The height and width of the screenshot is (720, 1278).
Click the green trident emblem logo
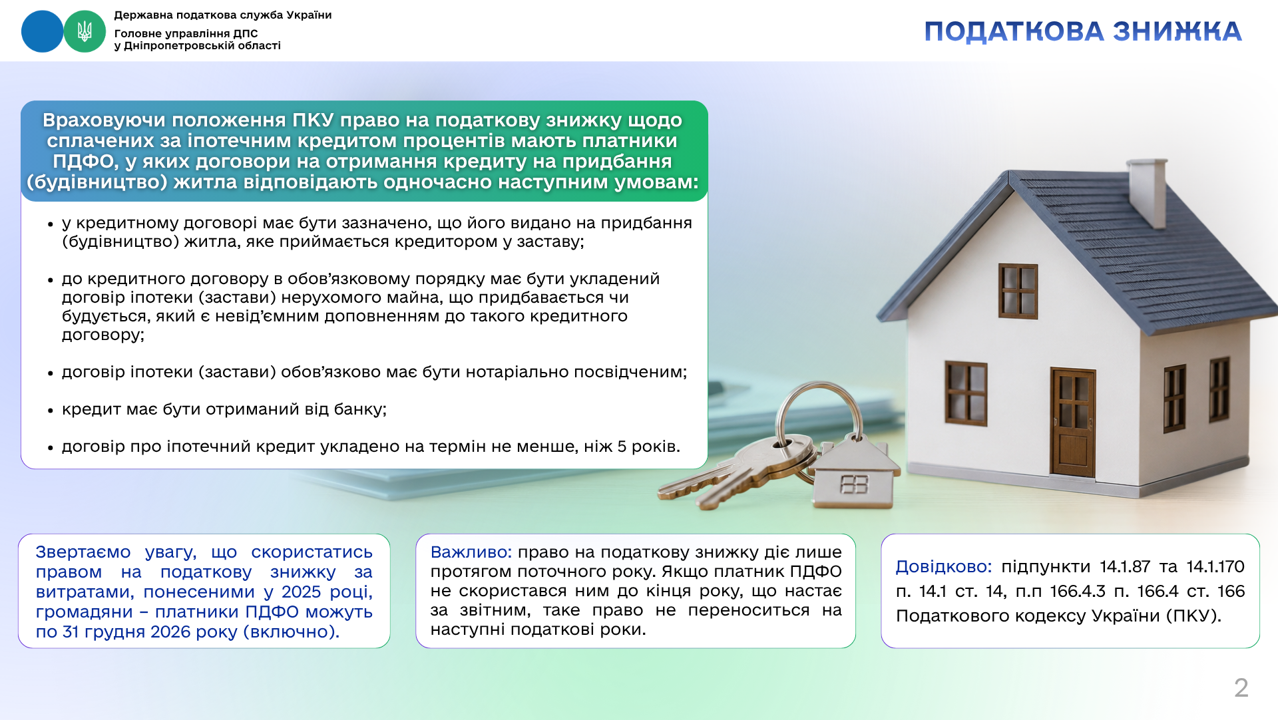point(85,31)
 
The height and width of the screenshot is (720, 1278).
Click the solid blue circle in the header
point(43,31)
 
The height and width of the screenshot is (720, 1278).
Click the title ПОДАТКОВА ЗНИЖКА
point(1083,32)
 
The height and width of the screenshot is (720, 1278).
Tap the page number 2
point(1241,687)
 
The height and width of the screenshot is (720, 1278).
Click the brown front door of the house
point(1072,422)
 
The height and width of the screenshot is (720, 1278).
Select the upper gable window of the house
point(1018,291)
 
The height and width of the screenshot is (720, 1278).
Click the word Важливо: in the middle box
point(471,552)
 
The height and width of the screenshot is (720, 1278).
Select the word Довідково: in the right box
point(944,567)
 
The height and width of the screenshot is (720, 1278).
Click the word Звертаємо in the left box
point(83,552)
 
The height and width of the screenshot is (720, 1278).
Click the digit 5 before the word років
point(622,447)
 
